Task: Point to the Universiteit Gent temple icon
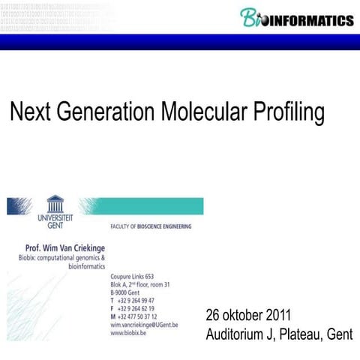click(55, 203)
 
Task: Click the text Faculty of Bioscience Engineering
click(150, 226)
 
